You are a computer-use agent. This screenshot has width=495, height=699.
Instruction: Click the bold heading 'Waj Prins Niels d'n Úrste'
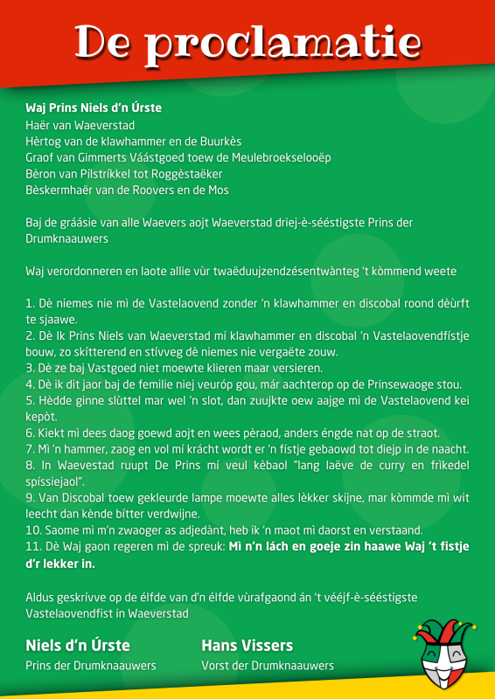click(94, 108)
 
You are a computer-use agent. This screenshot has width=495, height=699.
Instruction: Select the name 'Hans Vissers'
click(247, 646)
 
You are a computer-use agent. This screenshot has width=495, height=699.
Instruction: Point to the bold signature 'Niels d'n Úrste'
click(78, 646)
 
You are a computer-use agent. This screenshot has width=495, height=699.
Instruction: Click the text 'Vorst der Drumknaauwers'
click(268, 666)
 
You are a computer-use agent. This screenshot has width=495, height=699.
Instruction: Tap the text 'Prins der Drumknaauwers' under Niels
click(91, 666)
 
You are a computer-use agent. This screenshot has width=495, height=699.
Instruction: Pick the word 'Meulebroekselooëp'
click(281, 157)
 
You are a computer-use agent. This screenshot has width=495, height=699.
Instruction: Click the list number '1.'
click(31, 303)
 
